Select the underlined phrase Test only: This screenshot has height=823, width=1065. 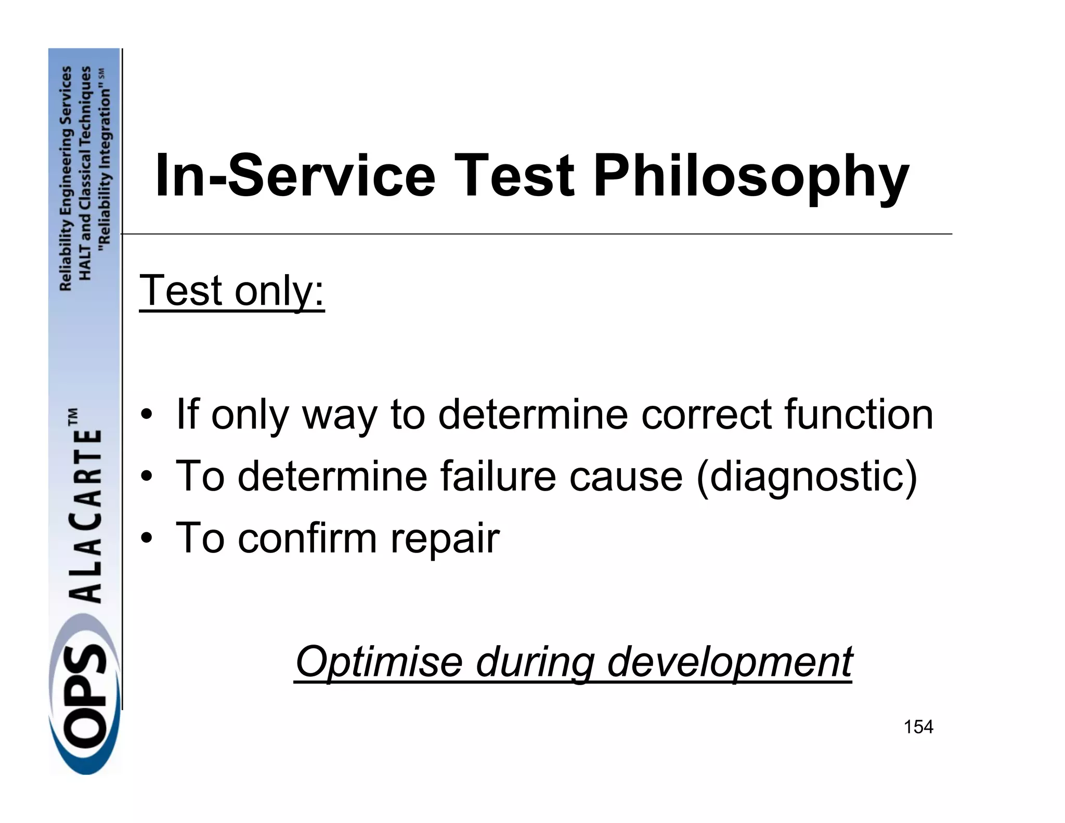232,291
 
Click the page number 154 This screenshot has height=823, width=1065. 918,727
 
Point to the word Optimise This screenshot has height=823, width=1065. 379,662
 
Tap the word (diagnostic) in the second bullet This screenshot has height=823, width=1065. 806,477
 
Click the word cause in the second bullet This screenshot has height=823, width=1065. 626,477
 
